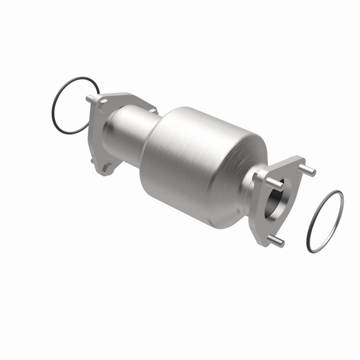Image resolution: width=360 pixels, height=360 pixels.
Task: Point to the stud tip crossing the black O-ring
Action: (x=89, y=98)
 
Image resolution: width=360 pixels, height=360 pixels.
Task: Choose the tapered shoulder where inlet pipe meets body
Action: (x=151, y=135)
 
